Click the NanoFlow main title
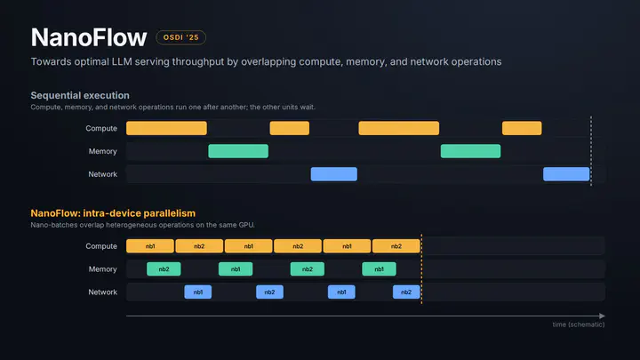(89, 37)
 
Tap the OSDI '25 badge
(180, 37)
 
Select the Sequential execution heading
(80, 95)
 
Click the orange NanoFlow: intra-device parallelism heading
(113, 213)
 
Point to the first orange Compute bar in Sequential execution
(166, 128)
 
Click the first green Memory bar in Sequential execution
(238, 151)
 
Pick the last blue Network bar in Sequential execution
(566, 174)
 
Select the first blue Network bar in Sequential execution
(334, 174)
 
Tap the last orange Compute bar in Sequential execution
(522, 128)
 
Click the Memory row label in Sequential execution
(103, 151)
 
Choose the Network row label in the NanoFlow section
(103, 292)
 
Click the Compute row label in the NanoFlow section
(101, 246)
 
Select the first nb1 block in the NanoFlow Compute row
(150, 246)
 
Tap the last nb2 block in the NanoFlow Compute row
(396, 246)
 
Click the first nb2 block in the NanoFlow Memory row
(164, 269)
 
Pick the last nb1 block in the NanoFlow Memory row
(380, 269)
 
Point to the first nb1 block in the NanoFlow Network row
(198, 292)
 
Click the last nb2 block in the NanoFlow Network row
(406, 292)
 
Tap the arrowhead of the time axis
(603, 316)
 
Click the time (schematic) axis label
(579, 324)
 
